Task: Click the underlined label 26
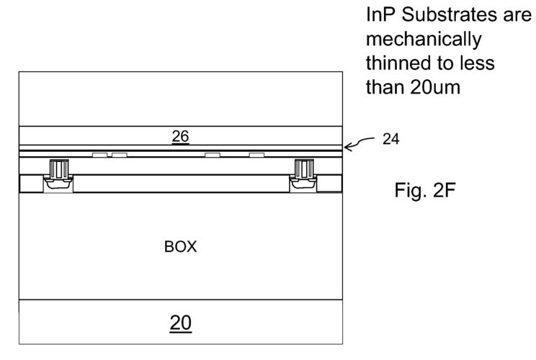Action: click(x=180, y=137)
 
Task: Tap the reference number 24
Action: click(x=390, y=139)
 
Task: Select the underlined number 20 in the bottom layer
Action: click(x=181, y=323)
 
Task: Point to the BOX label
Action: click(x=181, y=247)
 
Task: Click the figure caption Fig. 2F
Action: click(x=425, y=190)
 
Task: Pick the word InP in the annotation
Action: click(x=381, y=15)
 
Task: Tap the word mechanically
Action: click(x=424, y=40)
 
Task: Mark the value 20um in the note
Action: click(x=435, y=87)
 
